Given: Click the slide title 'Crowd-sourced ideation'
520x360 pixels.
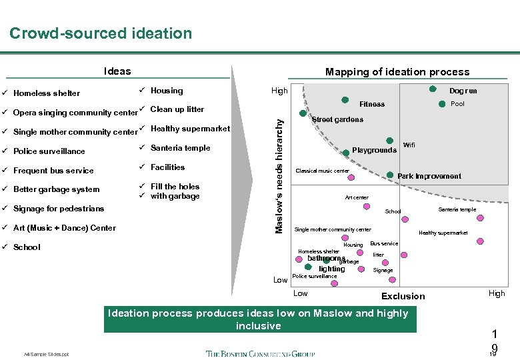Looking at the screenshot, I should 101,33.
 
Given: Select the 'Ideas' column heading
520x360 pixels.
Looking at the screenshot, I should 117,71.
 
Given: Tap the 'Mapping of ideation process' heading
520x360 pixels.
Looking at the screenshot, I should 397,72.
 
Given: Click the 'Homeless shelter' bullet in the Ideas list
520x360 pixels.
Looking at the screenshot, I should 47,93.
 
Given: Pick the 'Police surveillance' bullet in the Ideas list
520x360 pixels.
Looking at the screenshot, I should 49,151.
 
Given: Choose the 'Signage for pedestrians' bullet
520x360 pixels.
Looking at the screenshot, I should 59,209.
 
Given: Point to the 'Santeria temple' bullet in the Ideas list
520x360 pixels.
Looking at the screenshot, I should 180,148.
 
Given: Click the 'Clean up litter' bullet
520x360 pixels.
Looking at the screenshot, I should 177,109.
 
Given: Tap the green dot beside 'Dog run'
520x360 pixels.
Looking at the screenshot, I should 433,89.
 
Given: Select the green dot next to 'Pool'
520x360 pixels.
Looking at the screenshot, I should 441,104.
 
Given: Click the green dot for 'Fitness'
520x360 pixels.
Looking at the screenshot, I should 346,101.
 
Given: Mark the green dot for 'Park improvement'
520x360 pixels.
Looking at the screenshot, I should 390,175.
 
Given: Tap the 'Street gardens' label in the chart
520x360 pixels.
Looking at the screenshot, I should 337,120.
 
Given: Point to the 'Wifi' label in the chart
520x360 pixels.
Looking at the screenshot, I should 409,145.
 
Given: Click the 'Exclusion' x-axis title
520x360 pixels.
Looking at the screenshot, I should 403,296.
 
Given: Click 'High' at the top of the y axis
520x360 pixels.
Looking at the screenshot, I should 279,91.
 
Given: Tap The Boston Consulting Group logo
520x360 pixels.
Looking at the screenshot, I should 260,353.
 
